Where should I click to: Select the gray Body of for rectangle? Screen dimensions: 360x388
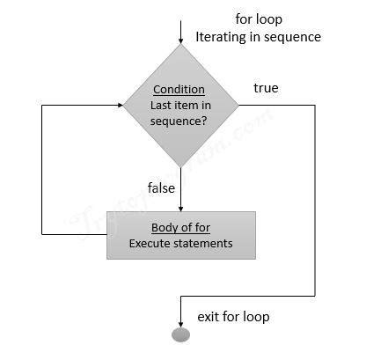180,235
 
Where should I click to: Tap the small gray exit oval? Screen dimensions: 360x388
179,334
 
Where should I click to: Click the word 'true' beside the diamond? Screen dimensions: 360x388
266,88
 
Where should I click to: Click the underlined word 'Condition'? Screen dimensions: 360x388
179,90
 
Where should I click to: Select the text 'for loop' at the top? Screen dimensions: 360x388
259,18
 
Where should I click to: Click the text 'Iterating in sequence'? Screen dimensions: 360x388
259,36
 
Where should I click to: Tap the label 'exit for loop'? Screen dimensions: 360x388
232,315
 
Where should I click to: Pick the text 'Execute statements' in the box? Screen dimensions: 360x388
180,243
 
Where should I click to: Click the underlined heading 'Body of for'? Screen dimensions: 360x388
180,227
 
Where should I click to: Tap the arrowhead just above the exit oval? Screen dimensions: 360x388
179,322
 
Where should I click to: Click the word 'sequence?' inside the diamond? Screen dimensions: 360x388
179,121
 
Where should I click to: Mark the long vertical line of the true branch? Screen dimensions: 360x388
314,202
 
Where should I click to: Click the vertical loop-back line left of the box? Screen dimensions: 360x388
43,167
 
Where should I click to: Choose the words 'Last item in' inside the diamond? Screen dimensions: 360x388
179,106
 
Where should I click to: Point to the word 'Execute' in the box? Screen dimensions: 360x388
150,243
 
